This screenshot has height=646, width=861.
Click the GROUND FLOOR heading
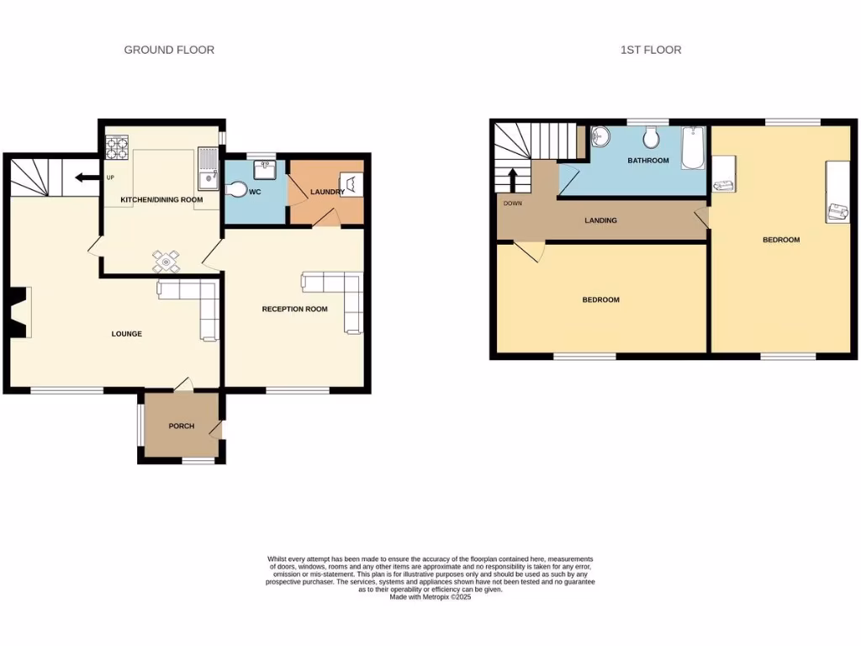pos(169,50)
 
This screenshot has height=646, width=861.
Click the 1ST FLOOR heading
pos(651,50)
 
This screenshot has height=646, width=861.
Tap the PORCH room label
pos(182,426)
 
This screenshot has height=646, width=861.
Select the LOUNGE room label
pos(127,334)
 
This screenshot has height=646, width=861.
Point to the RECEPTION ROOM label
pos(294,310)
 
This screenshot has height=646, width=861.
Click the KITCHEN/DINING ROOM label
pos(162,199)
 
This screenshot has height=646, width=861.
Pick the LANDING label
pos(601,220)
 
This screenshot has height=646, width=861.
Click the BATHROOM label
pos(648,161)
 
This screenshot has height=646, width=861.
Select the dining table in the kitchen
pos(166,262)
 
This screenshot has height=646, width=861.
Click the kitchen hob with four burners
pos(117,148)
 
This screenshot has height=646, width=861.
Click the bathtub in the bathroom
pos(694,146)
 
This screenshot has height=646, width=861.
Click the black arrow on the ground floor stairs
pos(85,177)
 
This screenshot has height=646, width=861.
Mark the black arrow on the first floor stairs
pos(511,179)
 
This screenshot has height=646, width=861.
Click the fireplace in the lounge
pos(18,313)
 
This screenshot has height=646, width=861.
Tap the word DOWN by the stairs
pos(512,204)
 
